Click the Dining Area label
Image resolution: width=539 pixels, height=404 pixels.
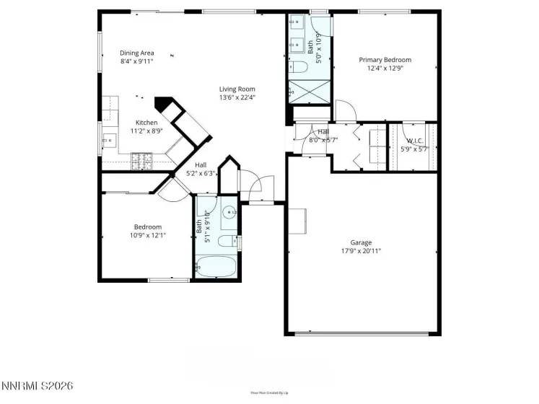pos(136,53)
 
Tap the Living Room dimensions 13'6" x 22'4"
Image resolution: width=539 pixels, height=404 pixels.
pos(237,97)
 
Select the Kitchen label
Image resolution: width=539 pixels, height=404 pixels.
pos(146,123)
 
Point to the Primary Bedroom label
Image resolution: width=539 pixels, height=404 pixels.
pos(385,60)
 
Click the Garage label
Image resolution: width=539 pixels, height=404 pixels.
pos(361,242)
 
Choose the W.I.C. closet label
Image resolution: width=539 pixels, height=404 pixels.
pos(414,141)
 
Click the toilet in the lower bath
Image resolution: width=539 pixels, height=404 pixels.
pos(226,241)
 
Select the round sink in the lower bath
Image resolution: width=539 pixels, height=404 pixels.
pos(229,213)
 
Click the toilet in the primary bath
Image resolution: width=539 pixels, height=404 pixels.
pos(299,68)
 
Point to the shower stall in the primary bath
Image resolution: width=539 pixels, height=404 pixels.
pos(308,92)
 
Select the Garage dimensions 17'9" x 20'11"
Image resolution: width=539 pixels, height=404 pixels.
pos(361,251)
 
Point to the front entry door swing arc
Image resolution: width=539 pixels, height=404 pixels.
pos(253,186)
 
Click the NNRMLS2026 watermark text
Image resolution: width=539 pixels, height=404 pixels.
pos(37,387)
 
